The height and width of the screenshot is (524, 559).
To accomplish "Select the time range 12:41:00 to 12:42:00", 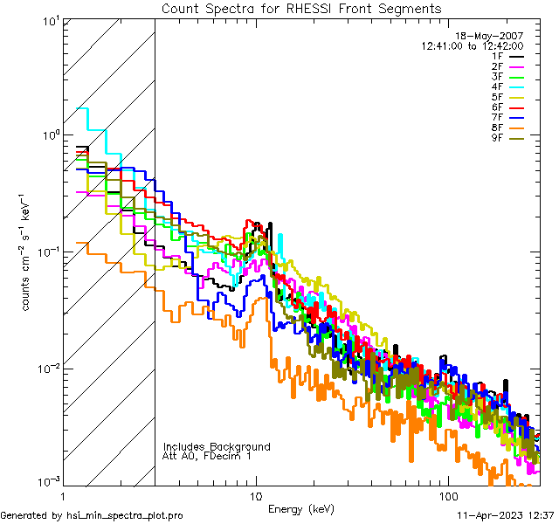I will (x=472, y=45).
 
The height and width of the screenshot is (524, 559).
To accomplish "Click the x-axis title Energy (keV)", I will (x=301, y=508).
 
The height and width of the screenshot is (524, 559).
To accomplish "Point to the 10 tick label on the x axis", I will (x=255, y=494).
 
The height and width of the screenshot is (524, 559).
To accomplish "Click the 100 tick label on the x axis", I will (x=447, y=494).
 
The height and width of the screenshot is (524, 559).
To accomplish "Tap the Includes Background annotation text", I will (x=217, y=446).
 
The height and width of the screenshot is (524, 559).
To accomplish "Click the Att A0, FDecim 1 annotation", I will (x=207, y=456).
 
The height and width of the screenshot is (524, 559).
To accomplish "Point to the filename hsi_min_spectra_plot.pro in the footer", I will (x=125, y=515).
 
